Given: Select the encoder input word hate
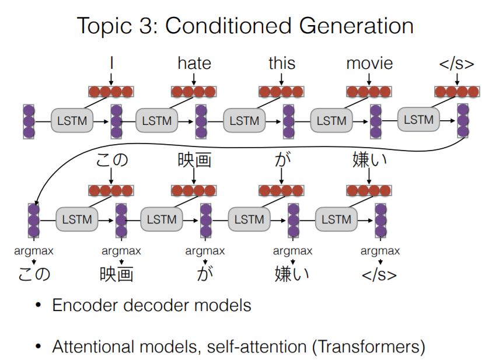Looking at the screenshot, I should [x=194, y=63].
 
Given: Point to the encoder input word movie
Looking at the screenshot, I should [x=369, y=63].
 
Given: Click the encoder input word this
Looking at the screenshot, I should [x=282, y=63].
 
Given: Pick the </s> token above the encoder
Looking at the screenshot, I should [x=457, y=64].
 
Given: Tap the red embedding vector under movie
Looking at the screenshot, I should [x=369, y=92].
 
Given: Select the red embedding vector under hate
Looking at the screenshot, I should [x=194, y=92].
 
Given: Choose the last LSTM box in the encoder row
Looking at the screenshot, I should [x=419, y=120].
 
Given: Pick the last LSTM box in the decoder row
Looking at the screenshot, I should [x=336, y=219].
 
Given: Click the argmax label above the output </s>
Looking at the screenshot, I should [x=380, y=251].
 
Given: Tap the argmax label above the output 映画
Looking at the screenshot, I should [x=121, y=251].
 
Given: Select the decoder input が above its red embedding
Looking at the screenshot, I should [x=281, y=159].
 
